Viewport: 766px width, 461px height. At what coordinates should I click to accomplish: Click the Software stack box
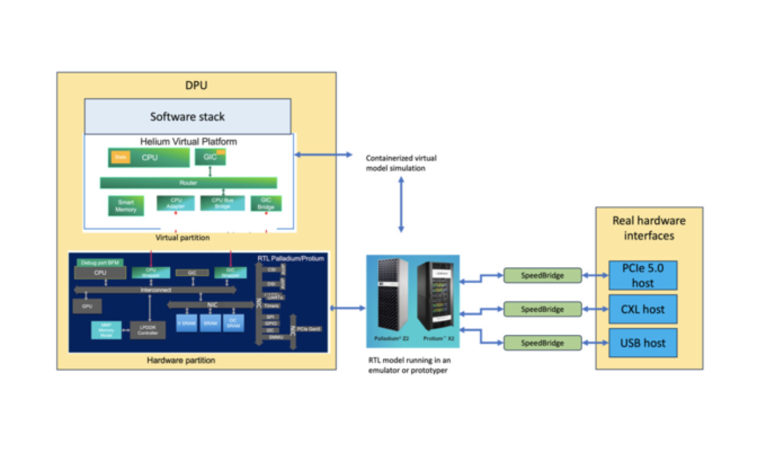coord(187,116)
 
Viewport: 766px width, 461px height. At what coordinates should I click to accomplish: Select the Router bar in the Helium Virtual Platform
coord(188,183)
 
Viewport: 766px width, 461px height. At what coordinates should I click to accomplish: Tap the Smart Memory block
coord(126,205)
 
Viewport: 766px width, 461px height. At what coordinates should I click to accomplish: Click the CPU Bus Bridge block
coord(222,203)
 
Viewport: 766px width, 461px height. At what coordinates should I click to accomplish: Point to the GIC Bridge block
coord(266,203)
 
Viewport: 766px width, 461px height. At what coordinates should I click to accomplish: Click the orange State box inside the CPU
coord(119,157)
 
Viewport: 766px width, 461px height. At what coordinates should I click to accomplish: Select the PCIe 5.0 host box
coord(643,275)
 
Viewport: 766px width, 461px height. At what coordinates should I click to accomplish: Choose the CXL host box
coord(643,309)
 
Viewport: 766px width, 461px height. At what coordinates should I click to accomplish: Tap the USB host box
coord(643,343)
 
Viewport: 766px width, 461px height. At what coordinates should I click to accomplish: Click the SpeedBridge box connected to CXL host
coord(542,309)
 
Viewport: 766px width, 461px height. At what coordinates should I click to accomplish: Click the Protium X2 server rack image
coord(437,295)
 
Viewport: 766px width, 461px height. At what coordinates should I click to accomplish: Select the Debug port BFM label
coord(99,262)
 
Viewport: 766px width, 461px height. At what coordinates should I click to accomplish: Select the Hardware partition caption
coord(181,360)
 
